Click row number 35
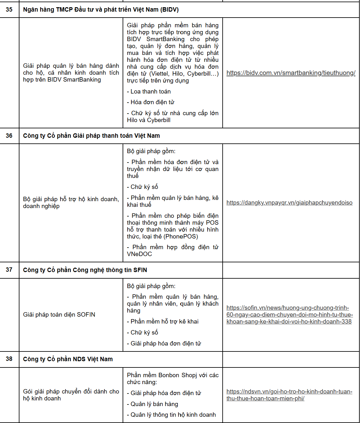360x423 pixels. coord(9,10)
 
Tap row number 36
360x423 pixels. coord(9,136)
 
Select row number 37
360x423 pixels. coord(9,270)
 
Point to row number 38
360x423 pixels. coord(9,359)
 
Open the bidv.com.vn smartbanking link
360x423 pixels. coord(291,73)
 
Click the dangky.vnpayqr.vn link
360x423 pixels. coord(289,203)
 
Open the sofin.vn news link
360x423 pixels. coord(289,315)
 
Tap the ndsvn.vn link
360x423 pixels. coord(289,395)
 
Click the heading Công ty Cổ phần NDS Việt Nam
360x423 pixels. coord(68,359)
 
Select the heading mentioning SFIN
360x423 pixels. coord(85,270)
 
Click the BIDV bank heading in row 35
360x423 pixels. coord(101,10)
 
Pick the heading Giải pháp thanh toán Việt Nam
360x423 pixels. coord(91,136)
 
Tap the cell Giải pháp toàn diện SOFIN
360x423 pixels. coord(59,315)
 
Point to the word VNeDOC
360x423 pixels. coord(140,254)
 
